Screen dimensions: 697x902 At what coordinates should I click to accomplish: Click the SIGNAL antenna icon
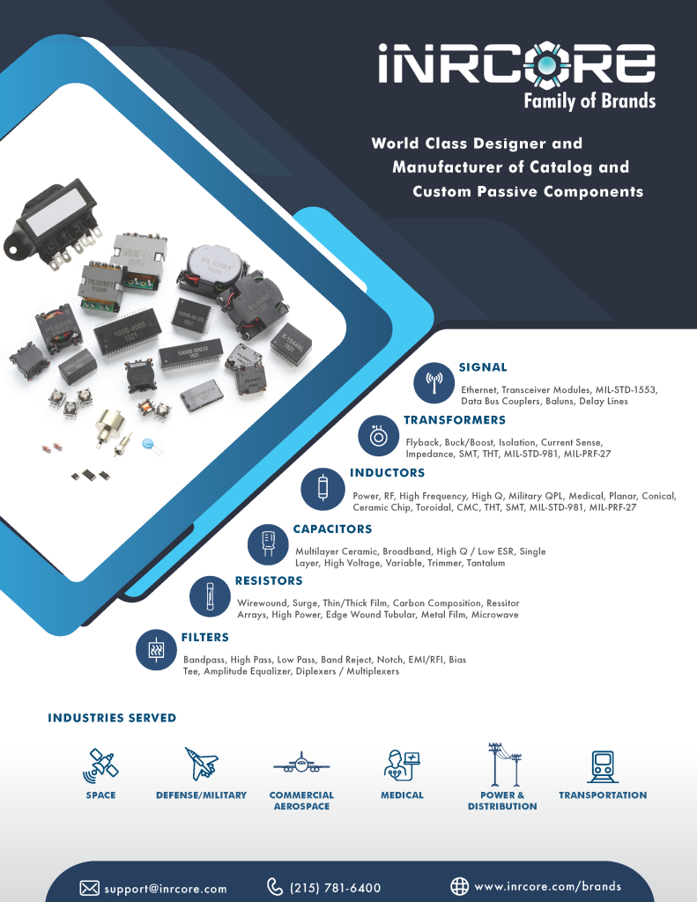coord(434,382)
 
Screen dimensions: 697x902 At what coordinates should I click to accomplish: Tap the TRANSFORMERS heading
coord(454,420)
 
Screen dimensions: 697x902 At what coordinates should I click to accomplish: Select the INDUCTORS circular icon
coord(323,489)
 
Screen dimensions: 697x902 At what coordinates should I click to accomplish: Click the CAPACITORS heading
coord(333,529)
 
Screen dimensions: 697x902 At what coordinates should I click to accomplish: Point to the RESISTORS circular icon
coord(210,596)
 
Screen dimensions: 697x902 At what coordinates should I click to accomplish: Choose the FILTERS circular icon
coord(157,650)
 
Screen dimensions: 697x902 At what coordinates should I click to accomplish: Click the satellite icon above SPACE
coord(100,765)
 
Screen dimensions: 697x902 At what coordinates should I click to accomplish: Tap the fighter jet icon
coord(201,764)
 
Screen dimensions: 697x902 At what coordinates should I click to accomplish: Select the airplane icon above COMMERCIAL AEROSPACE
coord(301,763)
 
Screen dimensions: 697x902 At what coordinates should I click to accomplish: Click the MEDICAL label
coord(402,795)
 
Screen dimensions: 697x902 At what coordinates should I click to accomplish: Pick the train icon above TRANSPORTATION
coord(603,766)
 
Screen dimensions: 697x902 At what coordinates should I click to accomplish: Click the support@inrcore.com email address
coord(165,889)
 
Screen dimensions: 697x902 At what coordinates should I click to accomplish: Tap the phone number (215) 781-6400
coord(335,888)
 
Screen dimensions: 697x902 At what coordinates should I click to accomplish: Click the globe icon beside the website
coord(459,886)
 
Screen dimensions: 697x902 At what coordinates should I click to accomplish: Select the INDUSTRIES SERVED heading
coord(112,718)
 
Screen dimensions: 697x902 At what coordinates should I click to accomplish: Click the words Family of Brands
coord(589,101)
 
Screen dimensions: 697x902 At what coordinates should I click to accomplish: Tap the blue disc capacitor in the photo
coord(151,444)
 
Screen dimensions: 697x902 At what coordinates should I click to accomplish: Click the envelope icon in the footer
coord(89,888)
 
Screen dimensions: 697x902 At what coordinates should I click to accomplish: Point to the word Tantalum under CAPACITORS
coord(486,563)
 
